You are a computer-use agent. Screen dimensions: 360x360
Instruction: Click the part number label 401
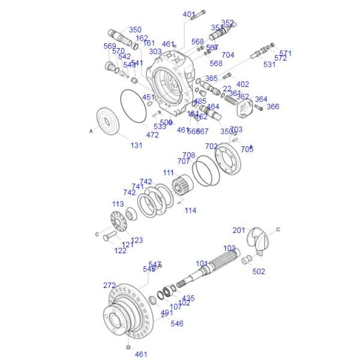[x=189, y=14]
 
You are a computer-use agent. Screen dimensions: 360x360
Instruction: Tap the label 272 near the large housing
[x=109, y=286]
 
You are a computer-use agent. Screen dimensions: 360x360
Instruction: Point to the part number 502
[x=259, y=271]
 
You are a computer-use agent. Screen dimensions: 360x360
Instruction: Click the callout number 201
[x=239, y=230]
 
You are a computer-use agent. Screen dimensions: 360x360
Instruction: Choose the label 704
[x=228, y=55]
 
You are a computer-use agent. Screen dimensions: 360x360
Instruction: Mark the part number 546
[x=177, y=323]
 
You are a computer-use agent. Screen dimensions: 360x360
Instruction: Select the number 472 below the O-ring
[x=152, y=135]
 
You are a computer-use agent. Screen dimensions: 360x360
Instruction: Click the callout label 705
[x=247, y=149]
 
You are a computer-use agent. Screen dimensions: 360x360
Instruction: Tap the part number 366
[x=273, y=107]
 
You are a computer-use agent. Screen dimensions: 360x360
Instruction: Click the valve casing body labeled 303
[x=171, y=84]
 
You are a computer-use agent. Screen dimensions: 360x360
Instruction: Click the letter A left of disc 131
[x=91, y=130]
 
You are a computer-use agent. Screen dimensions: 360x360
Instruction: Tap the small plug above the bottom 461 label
[x=128, y=347]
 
